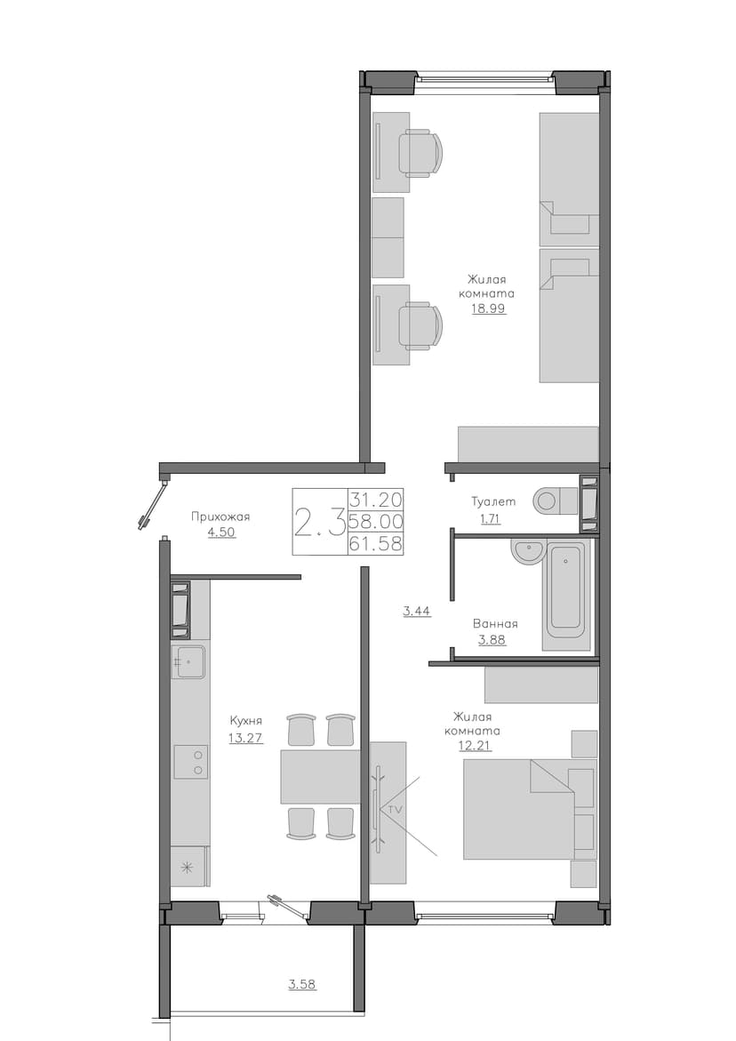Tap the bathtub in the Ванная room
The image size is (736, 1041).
pyautogui.click(x=566, y=595)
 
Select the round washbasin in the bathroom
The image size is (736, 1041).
pyautogui.click(x=528, y=552)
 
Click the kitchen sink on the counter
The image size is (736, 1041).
pyautogui.click(x=188, y=661)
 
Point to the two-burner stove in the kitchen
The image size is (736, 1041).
pyautogui.click(x=190, y=762)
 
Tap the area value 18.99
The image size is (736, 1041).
pyautogui.click(x=489, y=308)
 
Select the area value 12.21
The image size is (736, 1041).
pyautogui.click(x=476, y=746)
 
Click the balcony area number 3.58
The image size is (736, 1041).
pyautogui.click(x=302, y=984)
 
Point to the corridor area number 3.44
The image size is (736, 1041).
pyautogui.click(x=418, y=611)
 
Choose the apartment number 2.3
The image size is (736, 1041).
pyautogui.click(x=319, y=523)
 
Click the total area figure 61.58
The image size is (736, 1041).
pyautogui.click(x=376, y=544)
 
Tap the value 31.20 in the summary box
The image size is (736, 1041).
pyautogui.click(x=376, y=498)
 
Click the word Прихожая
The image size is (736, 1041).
pyautogui.click(x=220, y=516)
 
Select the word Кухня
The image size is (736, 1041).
pyautogui.click(x=246, y=720)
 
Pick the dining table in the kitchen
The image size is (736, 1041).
pyautogui.click(x=321, y=776)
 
